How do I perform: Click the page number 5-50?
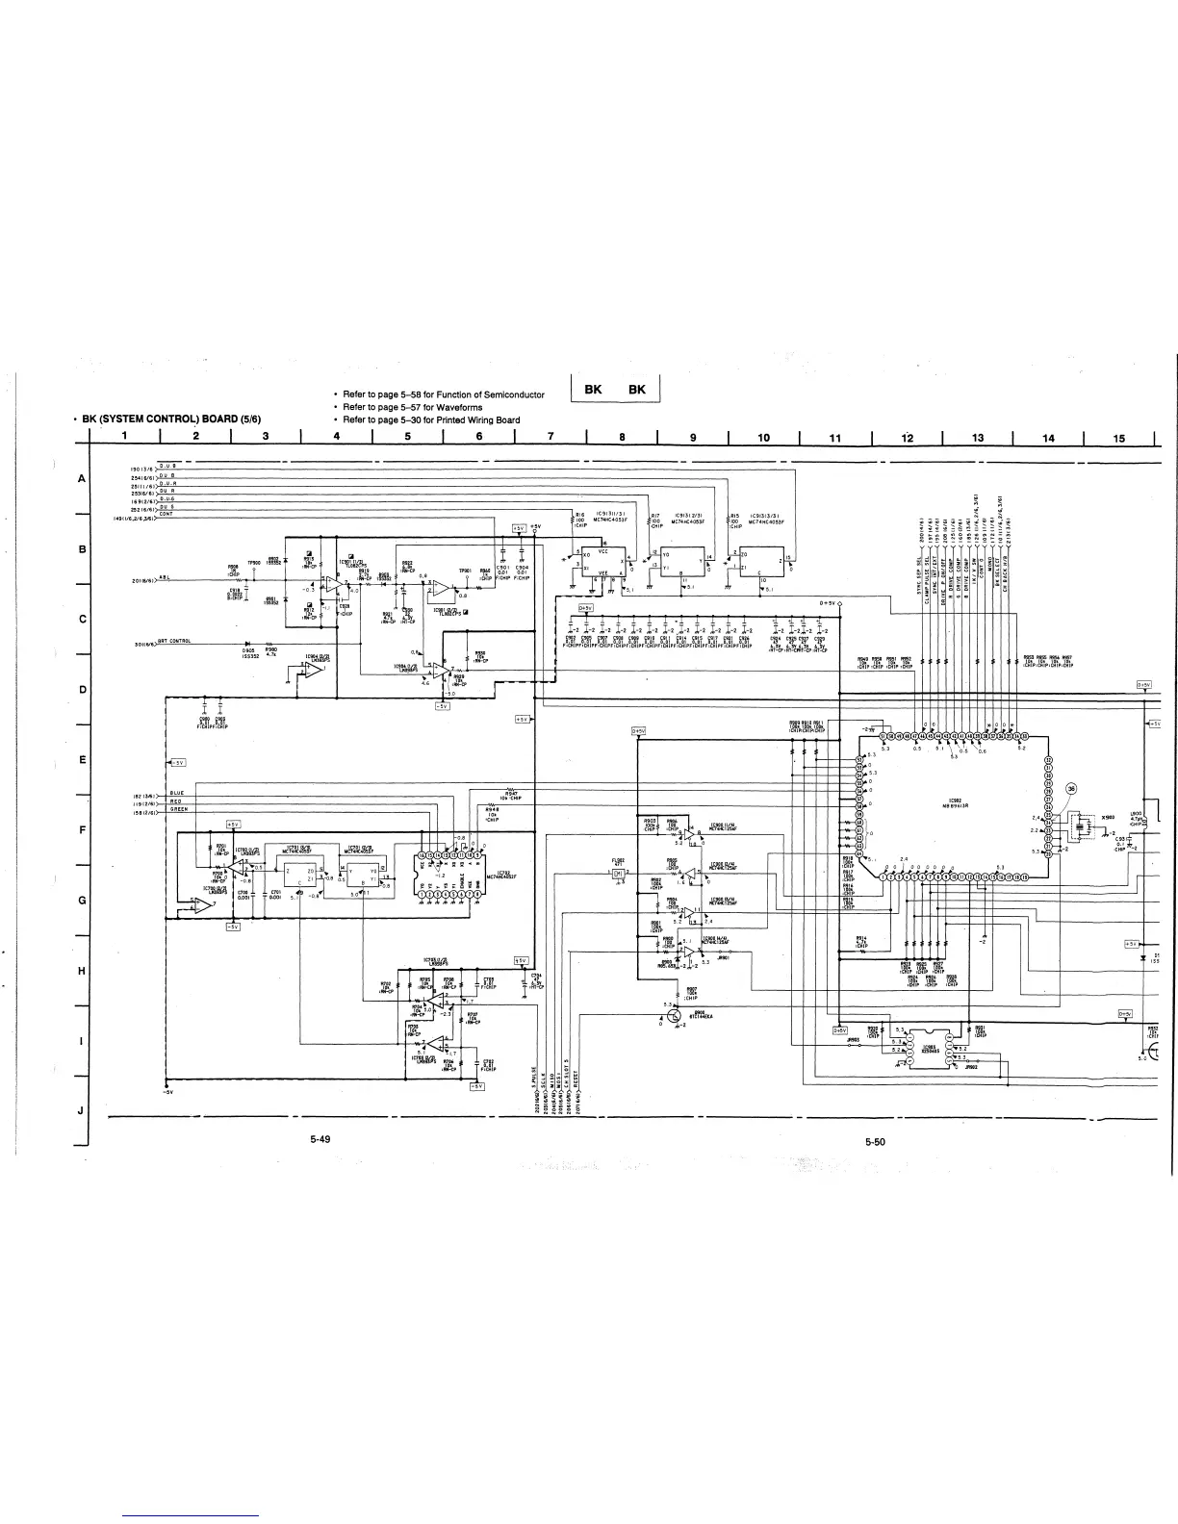pyautogui.click(x=874, y=1142)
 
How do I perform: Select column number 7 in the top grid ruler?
pyautogui.click(x=550, y=439)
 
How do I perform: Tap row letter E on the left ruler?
pyautogui.click(x=82, y=760)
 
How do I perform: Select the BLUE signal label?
pyautogui.click(x=177, y=793)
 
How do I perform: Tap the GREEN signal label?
pyautogui.click(x=179, y=809)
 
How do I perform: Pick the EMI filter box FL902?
pyautogui.click(x=619, y=873)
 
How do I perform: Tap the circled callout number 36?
pyautogui.click(x=1069, y=789)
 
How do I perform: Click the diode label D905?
pyautogui.click(x=247, y=650)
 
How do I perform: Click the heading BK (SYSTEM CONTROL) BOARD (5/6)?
pyautogui.click(x=172, y=419)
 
